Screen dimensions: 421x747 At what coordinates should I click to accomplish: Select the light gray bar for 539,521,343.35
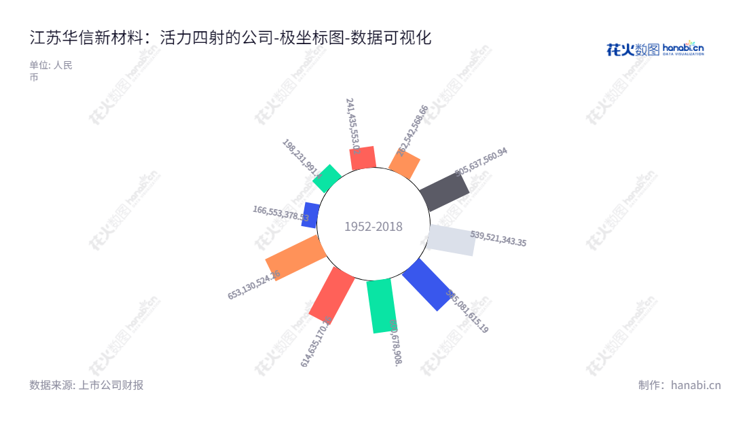452,240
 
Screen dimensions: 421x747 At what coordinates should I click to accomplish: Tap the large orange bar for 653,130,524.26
296,257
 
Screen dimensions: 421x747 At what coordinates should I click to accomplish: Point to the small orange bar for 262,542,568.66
404,164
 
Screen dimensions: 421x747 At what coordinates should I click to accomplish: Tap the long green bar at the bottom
381,306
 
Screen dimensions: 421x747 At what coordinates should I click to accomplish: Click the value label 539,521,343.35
498,238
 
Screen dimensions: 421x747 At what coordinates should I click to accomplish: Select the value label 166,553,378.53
280,214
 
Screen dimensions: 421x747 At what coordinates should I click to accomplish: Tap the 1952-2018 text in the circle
373,227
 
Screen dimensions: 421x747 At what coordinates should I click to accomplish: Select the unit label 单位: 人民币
50,71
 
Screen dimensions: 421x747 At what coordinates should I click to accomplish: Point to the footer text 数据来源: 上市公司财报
86,385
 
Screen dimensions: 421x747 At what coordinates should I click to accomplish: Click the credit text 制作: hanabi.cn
679,385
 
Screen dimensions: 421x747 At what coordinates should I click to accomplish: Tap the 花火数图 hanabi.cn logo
655,49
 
